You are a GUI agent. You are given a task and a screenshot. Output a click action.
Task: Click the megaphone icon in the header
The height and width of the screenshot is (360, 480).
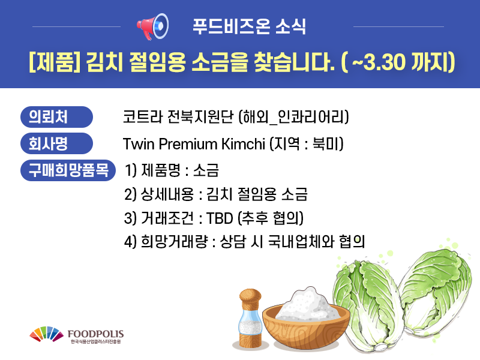click(153, 26)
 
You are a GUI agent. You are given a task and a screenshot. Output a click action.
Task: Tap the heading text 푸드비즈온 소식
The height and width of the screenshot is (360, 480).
click(249, 26)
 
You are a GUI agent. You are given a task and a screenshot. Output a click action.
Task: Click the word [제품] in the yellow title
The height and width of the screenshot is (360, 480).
click(55, 62)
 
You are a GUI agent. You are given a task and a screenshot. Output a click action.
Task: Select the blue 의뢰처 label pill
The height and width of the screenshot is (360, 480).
click(56, 117)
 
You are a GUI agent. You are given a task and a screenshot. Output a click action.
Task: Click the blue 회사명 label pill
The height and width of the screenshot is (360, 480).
click(56, 143)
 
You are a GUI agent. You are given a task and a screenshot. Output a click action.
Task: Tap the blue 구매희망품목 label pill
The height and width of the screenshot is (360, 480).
click(68, 170)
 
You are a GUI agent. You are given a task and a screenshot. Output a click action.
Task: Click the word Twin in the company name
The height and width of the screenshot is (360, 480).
click(139, 144)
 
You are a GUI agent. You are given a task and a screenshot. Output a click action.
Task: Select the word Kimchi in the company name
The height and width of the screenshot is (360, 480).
click(243, 144)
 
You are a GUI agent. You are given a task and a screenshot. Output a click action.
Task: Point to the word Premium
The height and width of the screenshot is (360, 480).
click(188, 144)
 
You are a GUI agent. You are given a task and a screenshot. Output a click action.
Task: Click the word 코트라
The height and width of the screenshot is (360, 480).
click(142, 116)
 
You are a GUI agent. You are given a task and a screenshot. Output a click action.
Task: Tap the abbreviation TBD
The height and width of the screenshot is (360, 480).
click(220, 218)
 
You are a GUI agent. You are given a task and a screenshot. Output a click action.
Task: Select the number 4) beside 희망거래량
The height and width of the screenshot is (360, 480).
click(130, 242)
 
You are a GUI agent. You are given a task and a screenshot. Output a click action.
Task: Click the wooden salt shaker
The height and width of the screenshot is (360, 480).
click(251, 319)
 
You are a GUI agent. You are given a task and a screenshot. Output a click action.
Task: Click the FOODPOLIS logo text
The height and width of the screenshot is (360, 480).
click(95, 334)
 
